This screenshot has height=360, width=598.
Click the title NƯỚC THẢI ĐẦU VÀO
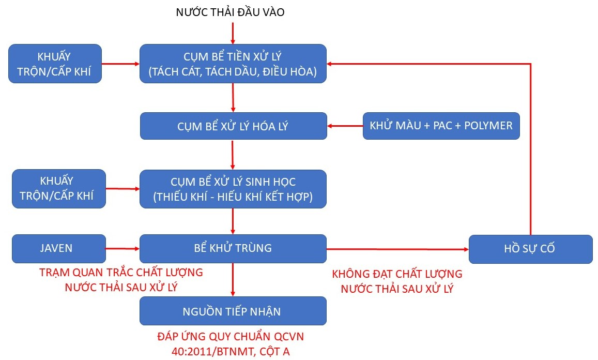coord(230,12)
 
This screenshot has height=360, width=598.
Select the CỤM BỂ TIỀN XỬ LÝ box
coord(233,64)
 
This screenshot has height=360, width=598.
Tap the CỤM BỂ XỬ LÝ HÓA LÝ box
coord(233,126)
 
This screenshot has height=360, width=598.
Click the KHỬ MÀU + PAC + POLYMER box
coord(441,126)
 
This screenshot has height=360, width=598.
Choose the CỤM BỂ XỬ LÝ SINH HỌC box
coord(233,189)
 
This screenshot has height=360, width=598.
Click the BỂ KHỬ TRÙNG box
coord(233,248)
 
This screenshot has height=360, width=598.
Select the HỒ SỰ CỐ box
coord(530,249)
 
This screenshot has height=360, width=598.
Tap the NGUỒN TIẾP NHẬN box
coord(233,311)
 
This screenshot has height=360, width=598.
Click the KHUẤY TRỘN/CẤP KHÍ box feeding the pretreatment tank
coord(55,64)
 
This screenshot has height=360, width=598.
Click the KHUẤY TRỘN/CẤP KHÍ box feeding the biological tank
coord(58,189)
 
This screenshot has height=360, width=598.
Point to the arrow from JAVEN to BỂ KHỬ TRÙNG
coord(122,249)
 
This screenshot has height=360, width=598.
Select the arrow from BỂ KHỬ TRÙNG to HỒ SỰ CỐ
coord(397,249)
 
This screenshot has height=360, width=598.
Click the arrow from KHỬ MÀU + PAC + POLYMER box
coord(345,126)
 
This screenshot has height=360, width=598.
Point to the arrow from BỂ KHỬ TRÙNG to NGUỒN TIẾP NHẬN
coord(233,279)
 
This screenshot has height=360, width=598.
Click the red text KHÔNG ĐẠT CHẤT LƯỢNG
coord(397,274)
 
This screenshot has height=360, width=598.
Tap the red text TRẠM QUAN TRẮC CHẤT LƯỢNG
coord(121,272)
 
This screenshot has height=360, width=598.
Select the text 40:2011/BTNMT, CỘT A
coord(231,352)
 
